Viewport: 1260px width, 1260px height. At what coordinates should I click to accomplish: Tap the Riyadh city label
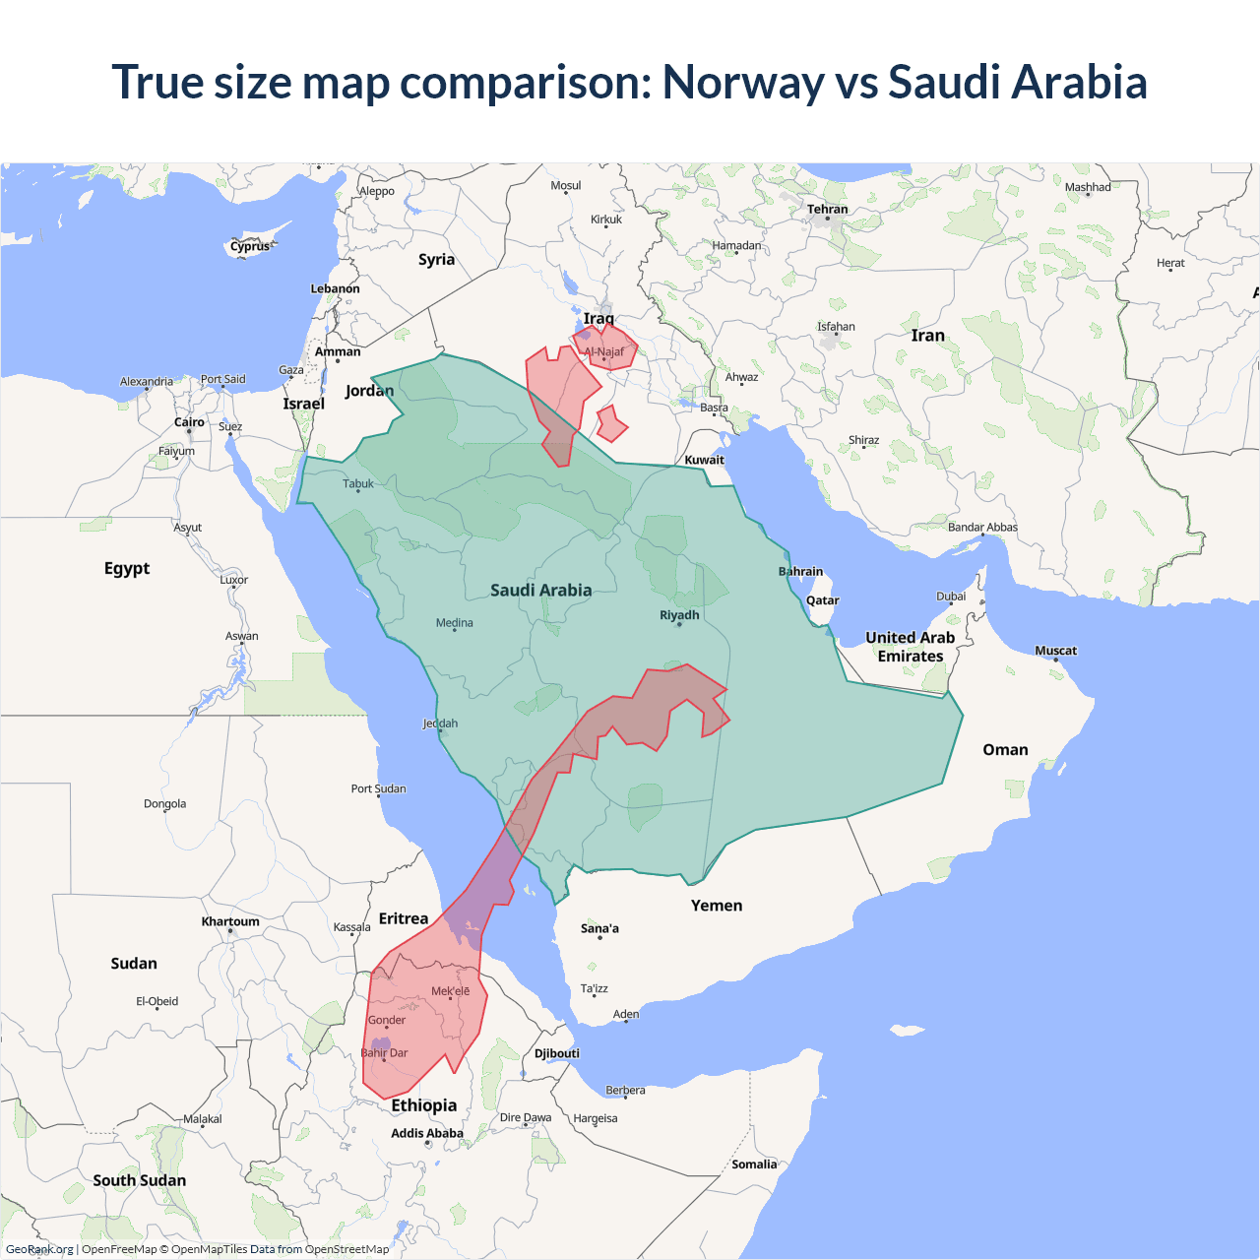pos(679,615)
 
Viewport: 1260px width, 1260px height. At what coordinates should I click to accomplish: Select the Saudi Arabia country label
pos(540,591)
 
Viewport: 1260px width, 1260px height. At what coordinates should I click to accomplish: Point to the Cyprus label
pos(250,246)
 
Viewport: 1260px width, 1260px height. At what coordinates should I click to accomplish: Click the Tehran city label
pos(827,209)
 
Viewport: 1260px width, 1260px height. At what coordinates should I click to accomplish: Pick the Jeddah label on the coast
pos(440,724)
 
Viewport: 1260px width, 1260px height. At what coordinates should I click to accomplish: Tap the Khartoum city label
pos(230,921)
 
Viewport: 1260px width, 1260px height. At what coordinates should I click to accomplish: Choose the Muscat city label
pos(1055,651)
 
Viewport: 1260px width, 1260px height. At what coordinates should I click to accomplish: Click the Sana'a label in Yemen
pos(599,928)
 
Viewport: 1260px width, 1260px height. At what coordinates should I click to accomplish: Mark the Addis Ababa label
pos(426,1133)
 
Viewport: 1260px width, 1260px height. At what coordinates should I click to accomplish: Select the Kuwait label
pos(704,460)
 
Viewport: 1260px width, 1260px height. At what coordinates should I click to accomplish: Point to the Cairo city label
pos(189,422)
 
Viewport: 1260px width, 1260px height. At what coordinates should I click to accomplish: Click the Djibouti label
pos(556,1053)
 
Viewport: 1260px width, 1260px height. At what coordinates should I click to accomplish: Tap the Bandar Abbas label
pos(982,528)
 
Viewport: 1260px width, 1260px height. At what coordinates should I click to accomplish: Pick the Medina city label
pos(454,623)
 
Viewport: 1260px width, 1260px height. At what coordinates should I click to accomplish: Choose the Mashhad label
pos(1087,187)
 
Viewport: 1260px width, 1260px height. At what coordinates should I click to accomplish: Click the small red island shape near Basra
pos(611,424)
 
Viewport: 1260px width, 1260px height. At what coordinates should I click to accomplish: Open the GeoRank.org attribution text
pos(39,1249)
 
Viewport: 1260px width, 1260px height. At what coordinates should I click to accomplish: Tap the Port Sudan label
pos(378,788)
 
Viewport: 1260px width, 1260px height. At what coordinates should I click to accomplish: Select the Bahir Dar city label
pos(384,1053)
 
